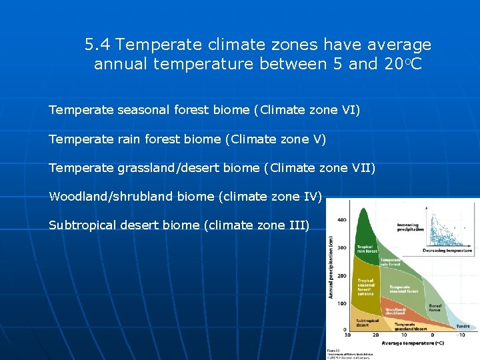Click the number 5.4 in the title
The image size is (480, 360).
[x=97, y=45]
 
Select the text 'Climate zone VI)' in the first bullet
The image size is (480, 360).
[x=309, y=109]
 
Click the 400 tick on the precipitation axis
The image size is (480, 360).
[x=341, y=220]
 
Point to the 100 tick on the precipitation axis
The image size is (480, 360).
[x=341, y=303]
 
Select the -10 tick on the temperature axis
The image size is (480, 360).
[x=461, y=335]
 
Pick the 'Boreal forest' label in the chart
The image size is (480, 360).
[x=435, y=307]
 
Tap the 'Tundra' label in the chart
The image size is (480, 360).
[x=462, y=326]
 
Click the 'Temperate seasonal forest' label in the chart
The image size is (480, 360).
[x=404, y=289]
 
